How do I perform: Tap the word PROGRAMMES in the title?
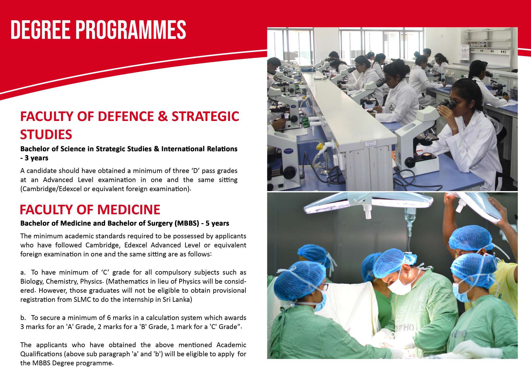pos(131,30)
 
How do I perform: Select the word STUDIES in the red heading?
pos(46,135)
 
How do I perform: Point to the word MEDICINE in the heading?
pos(129,210)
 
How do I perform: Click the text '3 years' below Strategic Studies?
pos(37,158)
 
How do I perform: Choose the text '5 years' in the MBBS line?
pos(217,223)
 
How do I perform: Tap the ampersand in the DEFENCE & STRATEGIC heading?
pos(163,116)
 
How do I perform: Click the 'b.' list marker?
pos(23,318)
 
